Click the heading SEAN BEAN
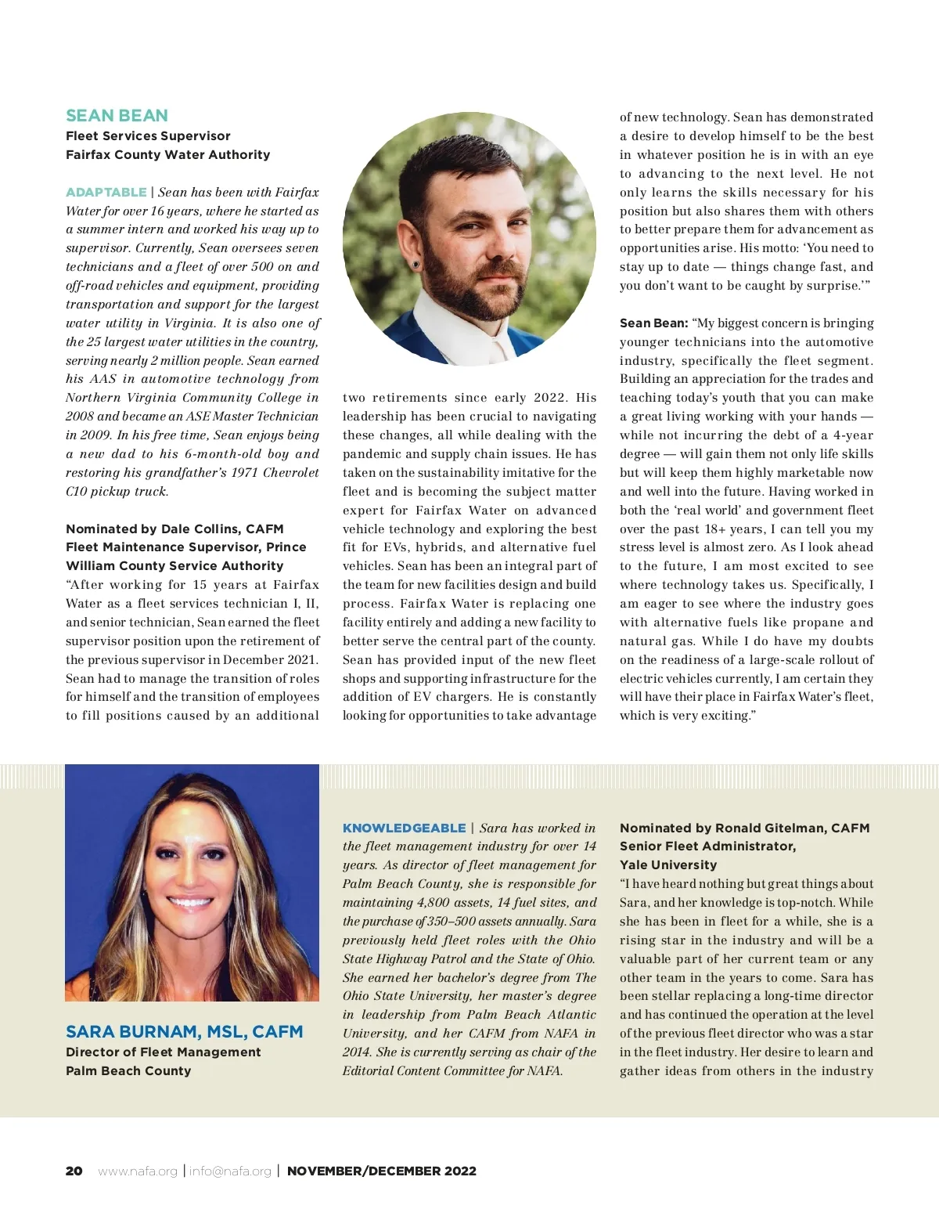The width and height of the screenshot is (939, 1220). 117,116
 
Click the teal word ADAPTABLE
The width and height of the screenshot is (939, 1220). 106,193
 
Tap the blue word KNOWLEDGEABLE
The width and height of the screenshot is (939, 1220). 404,828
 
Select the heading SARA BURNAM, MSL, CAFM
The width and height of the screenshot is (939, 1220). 184,1032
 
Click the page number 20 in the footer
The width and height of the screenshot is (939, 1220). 74,1171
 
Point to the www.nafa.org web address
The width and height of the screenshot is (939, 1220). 138,1171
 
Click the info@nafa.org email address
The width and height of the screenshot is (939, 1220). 230,1171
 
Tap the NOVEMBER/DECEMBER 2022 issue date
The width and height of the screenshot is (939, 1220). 382,1171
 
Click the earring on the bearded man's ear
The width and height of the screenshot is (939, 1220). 416,265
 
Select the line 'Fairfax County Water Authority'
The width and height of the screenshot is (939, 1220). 167,155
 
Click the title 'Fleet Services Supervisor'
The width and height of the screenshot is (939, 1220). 148,136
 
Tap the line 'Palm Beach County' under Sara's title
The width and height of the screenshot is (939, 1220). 128,1071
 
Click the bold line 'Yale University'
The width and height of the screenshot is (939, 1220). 668,865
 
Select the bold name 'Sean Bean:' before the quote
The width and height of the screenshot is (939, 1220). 653,323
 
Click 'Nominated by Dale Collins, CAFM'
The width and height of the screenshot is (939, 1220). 174,529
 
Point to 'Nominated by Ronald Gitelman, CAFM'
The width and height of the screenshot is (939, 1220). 744,828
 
